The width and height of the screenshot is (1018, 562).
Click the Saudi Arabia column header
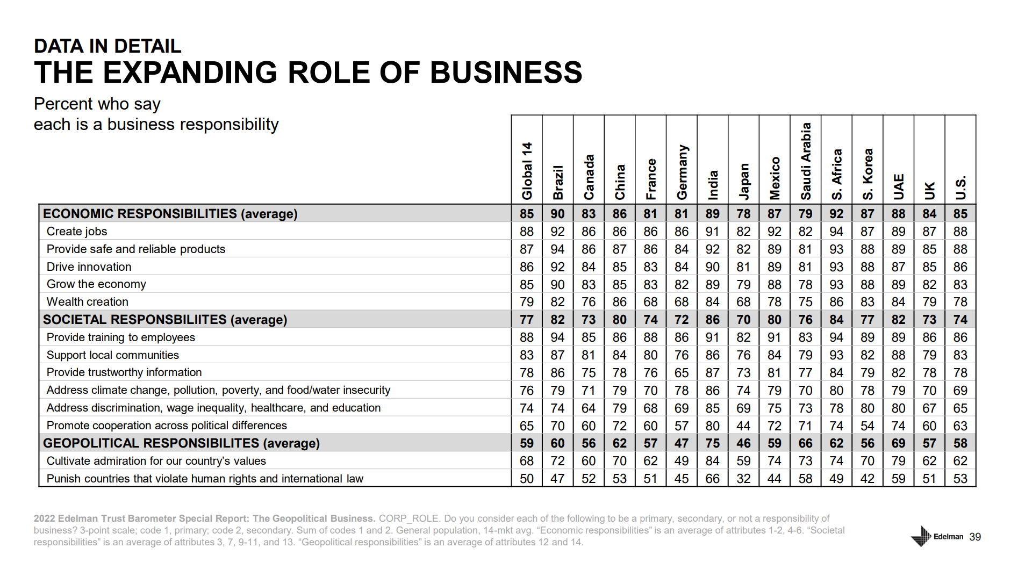[805, 161]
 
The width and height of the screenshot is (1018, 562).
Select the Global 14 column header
[527, 171]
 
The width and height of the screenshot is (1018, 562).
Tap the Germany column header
[682, 172]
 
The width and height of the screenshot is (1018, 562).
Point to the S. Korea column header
[867, 174]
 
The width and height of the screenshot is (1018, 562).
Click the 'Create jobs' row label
[77, 232]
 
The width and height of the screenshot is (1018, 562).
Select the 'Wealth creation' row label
[88, 302]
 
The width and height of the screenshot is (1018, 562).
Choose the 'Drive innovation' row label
[89, 267]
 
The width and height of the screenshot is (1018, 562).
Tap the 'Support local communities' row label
[113, 355]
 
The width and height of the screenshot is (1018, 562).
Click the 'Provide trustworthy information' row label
[124, 372]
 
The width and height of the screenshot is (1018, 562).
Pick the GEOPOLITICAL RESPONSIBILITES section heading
[181, 443]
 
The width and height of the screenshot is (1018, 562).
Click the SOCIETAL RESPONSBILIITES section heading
[165, 320]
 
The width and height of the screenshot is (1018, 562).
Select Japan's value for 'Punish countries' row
[743, 479]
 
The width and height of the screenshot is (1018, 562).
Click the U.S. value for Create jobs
[960, 232]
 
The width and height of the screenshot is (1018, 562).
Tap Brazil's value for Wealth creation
[557, 302]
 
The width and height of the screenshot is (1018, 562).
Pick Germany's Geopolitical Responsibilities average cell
[682, 443]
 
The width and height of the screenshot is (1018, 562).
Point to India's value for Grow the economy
[712, 285]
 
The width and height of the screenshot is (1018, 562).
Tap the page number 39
[975, 537]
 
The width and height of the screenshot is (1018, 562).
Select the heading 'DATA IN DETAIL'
[107, 46]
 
